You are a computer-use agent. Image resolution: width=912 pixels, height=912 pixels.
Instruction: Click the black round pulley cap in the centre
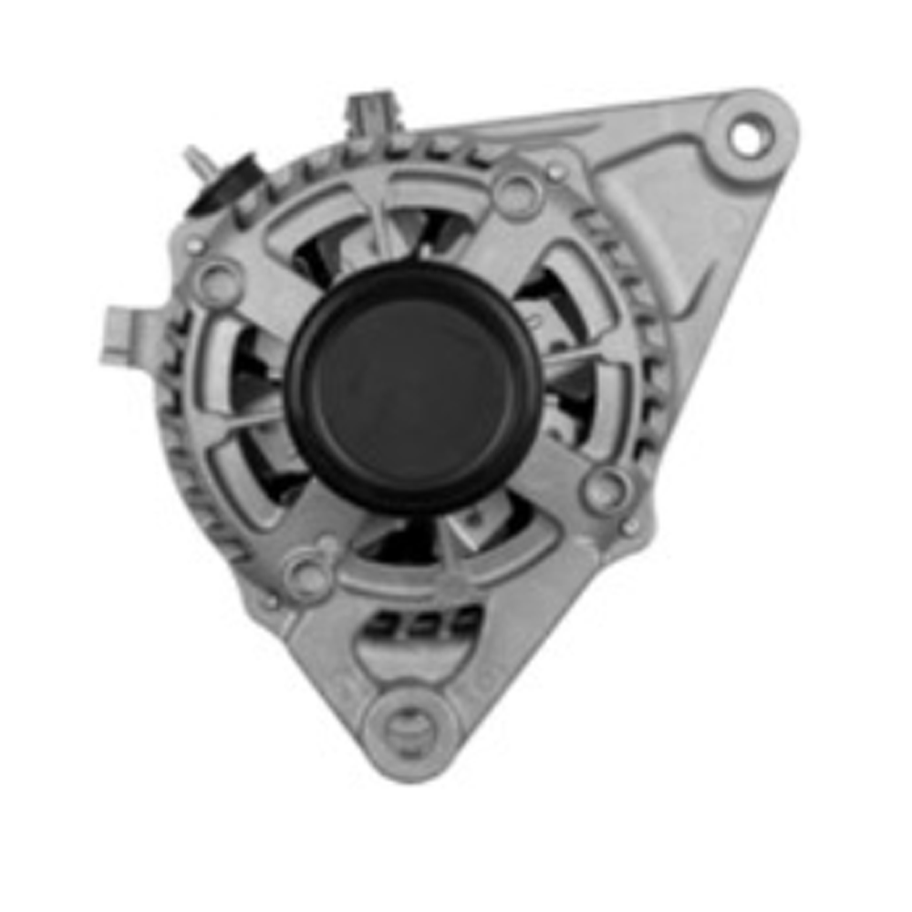[x=413, y=388]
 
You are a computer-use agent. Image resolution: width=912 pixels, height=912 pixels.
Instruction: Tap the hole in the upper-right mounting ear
[x=747, y=139]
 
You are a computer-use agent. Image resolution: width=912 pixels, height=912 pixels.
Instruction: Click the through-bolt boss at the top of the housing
[x=518, y=192]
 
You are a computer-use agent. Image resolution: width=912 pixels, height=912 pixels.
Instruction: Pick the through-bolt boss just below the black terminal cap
[x=217, y=282]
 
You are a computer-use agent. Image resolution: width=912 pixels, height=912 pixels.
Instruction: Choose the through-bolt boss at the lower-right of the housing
[x=605, y=490]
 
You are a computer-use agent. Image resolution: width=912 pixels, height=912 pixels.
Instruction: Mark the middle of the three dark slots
[x=422, y=626]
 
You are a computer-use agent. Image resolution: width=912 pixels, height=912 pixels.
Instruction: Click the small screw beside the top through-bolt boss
[x=555, y=171]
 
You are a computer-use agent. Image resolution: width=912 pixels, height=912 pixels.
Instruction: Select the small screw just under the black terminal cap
[x=193, y=245]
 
